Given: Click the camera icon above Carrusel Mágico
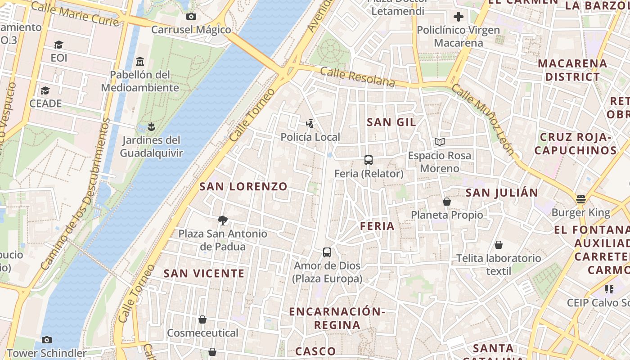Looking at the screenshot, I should point(191,17).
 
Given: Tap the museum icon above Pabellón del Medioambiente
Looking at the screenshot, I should point(140,61).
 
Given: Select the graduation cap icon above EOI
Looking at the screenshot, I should point(58,45).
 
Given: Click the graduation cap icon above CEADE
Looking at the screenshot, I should point(45,90).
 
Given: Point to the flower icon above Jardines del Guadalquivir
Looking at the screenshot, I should point(151,127).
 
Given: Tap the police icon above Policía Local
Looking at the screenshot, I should point(310,124).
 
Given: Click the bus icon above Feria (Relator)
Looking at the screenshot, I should point(369,160).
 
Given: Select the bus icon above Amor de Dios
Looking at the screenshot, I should point(327,252).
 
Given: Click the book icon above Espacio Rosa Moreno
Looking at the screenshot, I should point(440,142).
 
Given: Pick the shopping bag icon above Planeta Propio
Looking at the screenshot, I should point(447,202).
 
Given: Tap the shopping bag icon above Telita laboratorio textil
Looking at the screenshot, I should point(498,245).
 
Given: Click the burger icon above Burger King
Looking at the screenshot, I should point(581,199).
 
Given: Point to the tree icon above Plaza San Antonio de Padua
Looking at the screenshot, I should point(222,220).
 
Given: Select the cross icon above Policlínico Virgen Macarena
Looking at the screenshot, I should point(459,17).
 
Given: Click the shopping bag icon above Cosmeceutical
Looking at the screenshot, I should point(202,319).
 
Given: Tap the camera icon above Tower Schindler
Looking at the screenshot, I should point(46,340).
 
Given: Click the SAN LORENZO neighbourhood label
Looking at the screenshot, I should point(243,186).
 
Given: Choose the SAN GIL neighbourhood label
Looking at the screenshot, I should point(391,122).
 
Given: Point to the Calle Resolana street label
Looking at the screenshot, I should point(357,77).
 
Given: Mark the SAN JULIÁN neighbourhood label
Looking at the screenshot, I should point(502,193).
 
